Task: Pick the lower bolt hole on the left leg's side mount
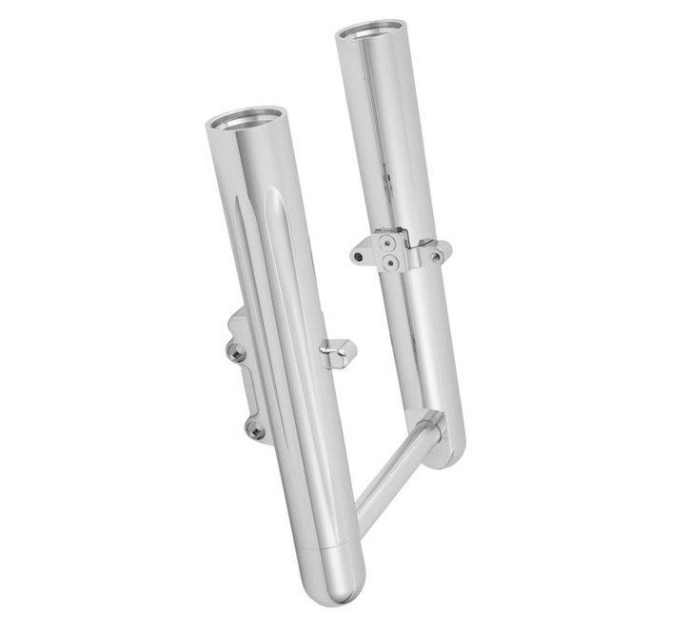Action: pyautogui.click(x=254, y=430)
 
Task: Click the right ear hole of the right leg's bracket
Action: pyautogui.click(x=436, y=256)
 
